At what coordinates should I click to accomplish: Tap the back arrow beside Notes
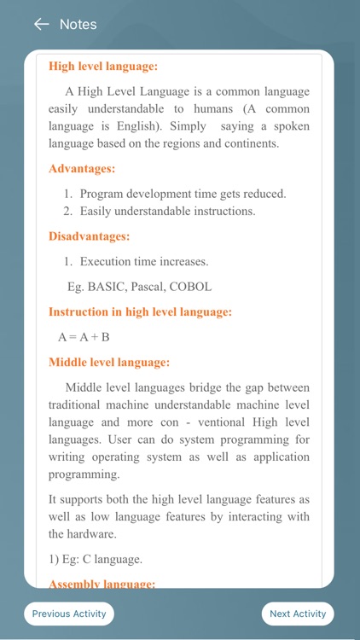pos(41,24)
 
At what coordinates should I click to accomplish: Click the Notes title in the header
pos(78,24)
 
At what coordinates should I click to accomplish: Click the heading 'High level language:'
pos(103,66)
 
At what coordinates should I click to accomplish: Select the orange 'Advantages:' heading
pos(82,169)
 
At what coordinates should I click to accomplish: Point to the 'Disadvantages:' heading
pos(90,236)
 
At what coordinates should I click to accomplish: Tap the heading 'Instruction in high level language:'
pos(140,312)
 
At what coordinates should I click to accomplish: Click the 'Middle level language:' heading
pos(108,362)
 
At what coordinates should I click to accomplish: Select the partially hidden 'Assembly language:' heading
pos(102,584)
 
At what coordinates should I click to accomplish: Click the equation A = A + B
pos(84,337)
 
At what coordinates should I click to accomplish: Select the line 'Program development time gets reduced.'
pos(183,194)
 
